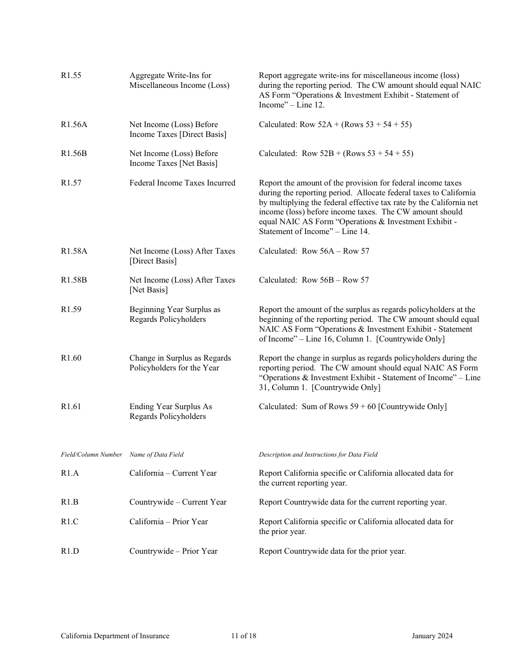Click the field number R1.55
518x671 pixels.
[x=71, y=76]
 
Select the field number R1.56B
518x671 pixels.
[x=74, y=154]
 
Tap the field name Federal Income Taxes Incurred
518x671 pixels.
[x=182, y=183]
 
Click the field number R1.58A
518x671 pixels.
[x=74, y=251]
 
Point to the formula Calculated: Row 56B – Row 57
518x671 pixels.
[x=314, y=280]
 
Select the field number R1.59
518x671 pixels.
[x=71, y=310]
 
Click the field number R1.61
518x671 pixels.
[x=71, y=407]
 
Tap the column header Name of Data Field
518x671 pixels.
[x=156, y=454]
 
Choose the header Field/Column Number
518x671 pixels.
[x=91, y=454]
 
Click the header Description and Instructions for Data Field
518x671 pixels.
[x=318, y=454]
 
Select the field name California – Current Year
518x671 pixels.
[x=173, y=474]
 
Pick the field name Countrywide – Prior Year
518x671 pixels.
[x=173, y=552]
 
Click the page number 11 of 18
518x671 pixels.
[x=243, y=636]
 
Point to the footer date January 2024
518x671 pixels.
[x=432, y=636]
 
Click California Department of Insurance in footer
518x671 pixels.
[x=115, y=636]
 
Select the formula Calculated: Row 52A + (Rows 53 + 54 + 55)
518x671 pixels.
[x=335, y=125]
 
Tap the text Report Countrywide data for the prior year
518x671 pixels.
[x=332, y=552]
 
